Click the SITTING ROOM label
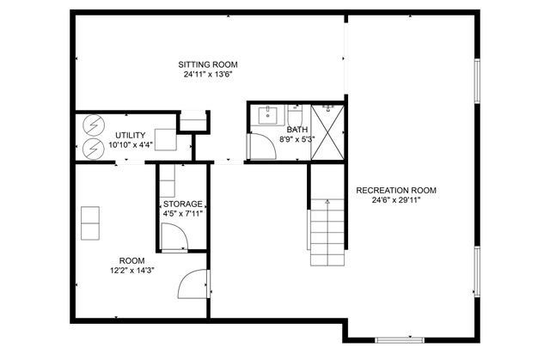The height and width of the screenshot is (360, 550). (x=208, y=64)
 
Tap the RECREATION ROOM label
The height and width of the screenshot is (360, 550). (x=396, y=191)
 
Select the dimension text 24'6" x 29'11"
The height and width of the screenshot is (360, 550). (x=396, y=200)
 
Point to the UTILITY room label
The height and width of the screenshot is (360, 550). (x=131, y=135)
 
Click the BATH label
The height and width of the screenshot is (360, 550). (x=297, y=130)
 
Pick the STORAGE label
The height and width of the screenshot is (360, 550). (x=183, y=204)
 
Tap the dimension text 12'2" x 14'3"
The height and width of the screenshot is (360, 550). (x=131, y=271)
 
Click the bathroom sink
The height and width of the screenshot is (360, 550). (x=268, y=116)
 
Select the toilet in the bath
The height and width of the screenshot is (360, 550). (x=295, y=114)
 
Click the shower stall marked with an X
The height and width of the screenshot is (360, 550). (x=328, y=132)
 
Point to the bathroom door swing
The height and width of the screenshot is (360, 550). (x=262, y=146)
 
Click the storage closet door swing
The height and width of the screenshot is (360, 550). (x=174, y=237)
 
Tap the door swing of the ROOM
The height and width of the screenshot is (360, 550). (x=193, y=284)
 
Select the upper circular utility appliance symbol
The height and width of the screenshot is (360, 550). (x=94, y=125)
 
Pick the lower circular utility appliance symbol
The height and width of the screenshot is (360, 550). (x=94, y=149)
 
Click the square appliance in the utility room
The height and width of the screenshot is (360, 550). (x=166, y=140)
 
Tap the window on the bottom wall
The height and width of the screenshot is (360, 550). (x=400, y=340)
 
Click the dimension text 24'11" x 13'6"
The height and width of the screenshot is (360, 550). (x=208, y=74)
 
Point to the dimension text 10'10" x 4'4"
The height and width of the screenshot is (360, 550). (x=131, y=145)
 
